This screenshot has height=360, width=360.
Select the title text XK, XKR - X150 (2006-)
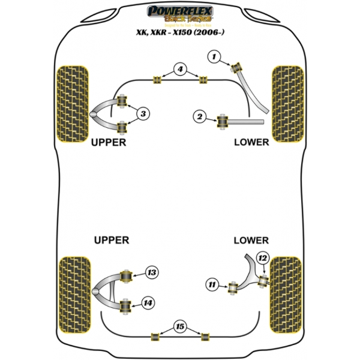coord(180,34)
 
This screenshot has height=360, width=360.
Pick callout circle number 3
coord(143,113)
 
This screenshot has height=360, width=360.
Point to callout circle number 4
coord(179,70)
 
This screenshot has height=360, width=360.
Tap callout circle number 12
coord(262,259)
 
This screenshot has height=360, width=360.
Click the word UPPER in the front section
coord(108,143)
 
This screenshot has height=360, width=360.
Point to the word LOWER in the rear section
coord(251,240)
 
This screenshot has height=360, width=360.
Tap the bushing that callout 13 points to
coord(127,276)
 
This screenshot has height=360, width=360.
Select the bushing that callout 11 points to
coord(232,288)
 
